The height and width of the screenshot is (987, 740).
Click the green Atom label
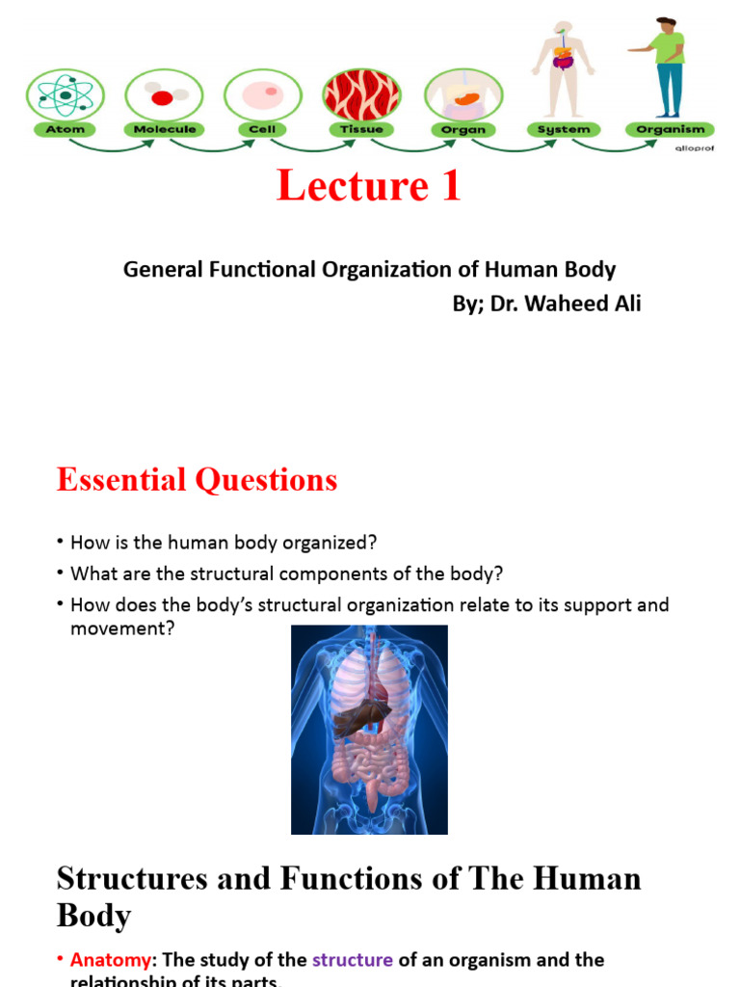(64, 129)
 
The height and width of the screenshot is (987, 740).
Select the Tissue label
(361, 129)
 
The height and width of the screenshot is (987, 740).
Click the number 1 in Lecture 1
(450, 186)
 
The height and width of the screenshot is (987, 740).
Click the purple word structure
(353, 960)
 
